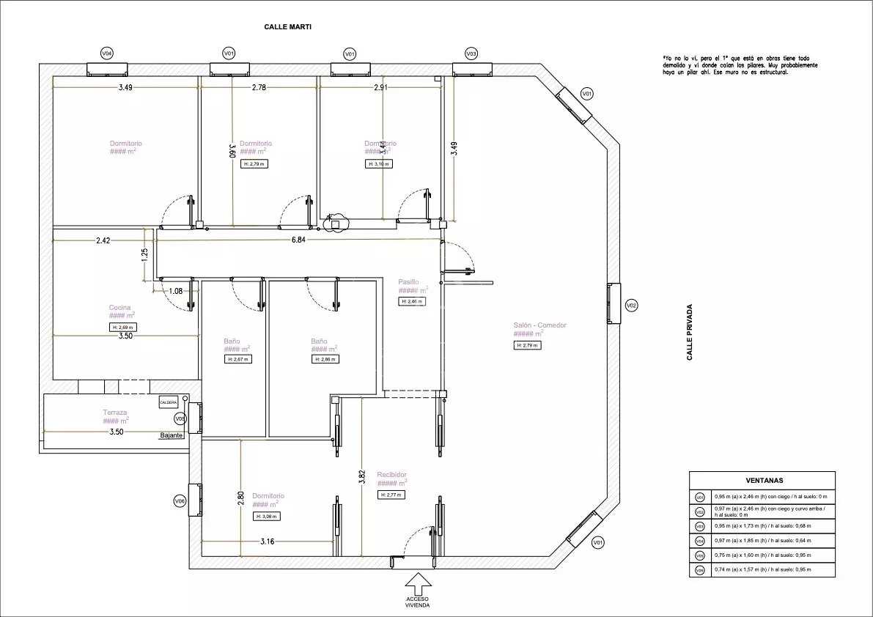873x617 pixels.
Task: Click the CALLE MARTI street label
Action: tap(288, 27)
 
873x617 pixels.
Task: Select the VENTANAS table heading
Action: tap(765, 481)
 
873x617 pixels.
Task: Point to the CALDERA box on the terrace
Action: tap(168, 402)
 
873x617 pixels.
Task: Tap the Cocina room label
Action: tap(120, 308)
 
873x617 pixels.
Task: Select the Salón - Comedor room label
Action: tap(539, 325)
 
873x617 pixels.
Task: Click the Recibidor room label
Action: tap(391, 475)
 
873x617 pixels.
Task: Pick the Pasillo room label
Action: tap(408, 282)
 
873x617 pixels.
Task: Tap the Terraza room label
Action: tap(115, 413)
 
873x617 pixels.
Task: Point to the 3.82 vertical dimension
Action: tap(361, 476)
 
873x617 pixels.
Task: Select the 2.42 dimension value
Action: tap(103, 240)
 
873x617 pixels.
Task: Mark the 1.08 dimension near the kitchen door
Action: tap(175, 291)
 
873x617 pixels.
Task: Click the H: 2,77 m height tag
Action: tap(391, 495)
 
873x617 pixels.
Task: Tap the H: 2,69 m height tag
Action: tap(122, 327)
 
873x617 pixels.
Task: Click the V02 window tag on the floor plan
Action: tap(631, 305)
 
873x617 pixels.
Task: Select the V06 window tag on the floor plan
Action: tap(180, 501)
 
